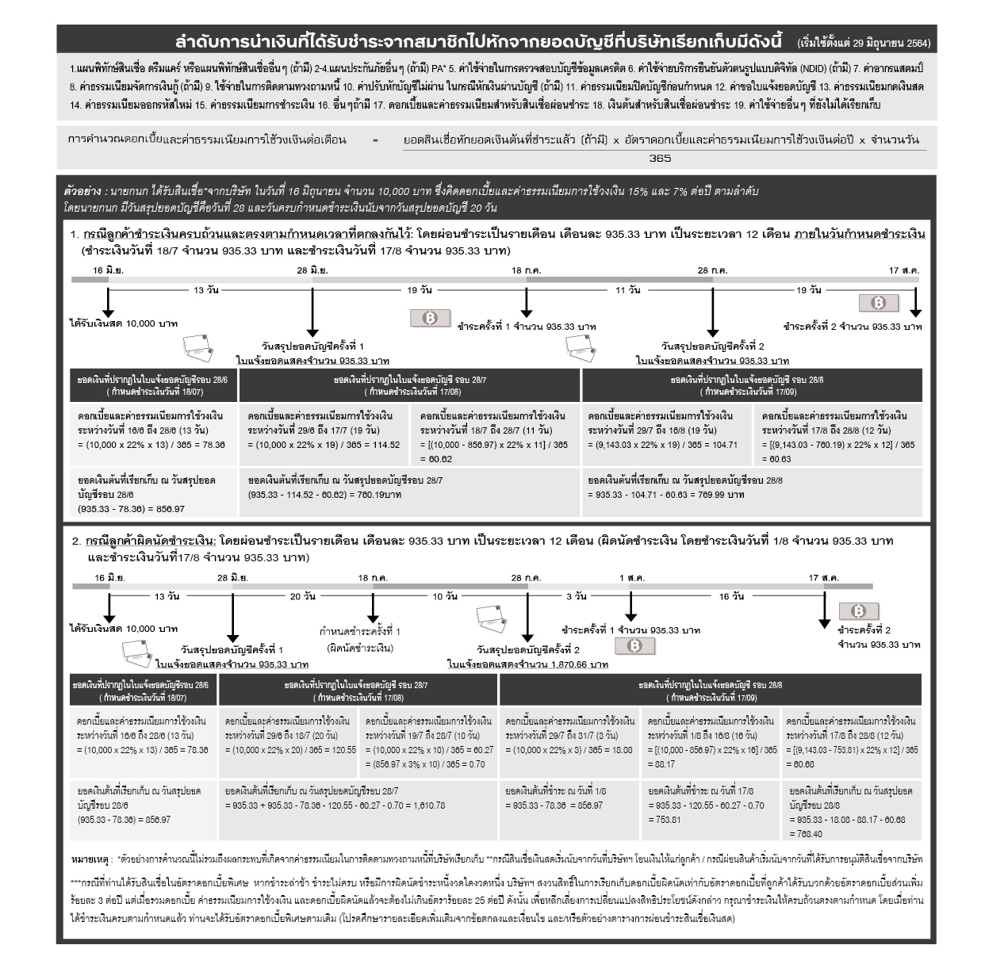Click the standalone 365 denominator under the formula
coord(659,159)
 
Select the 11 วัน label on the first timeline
coord(627,290)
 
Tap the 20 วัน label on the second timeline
coord(302,595)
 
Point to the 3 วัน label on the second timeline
coord(576,595)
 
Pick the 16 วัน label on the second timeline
coord(730,595)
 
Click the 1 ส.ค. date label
coord(631,578)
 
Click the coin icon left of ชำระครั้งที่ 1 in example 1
coord(430,319)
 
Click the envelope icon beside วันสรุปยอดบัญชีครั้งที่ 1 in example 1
coord(198,347)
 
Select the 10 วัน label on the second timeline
coord(444,595)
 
